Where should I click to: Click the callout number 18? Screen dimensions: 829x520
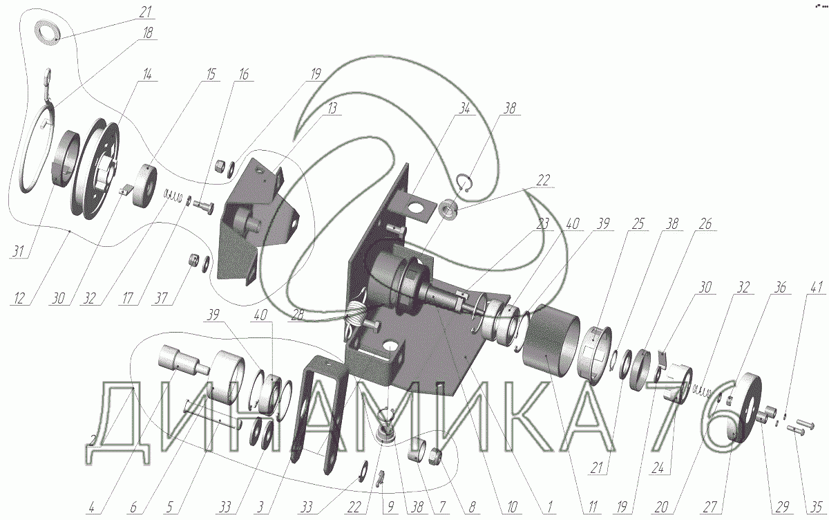(147, 32)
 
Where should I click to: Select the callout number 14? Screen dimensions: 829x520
(147, 75)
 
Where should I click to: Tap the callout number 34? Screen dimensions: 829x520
(464, 109)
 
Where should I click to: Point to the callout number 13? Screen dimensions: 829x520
(332, 109)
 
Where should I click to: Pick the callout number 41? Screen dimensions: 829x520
(817, 288)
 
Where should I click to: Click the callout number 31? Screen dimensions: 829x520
(18, 252)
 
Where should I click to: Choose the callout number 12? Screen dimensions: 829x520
(19, 298)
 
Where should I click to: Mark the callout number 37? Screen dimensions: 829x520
(162, 298)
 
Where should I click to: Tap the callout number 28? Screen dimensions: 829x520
(298, 315)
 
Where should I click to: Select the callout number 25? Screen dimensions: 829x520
(638, 224)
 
